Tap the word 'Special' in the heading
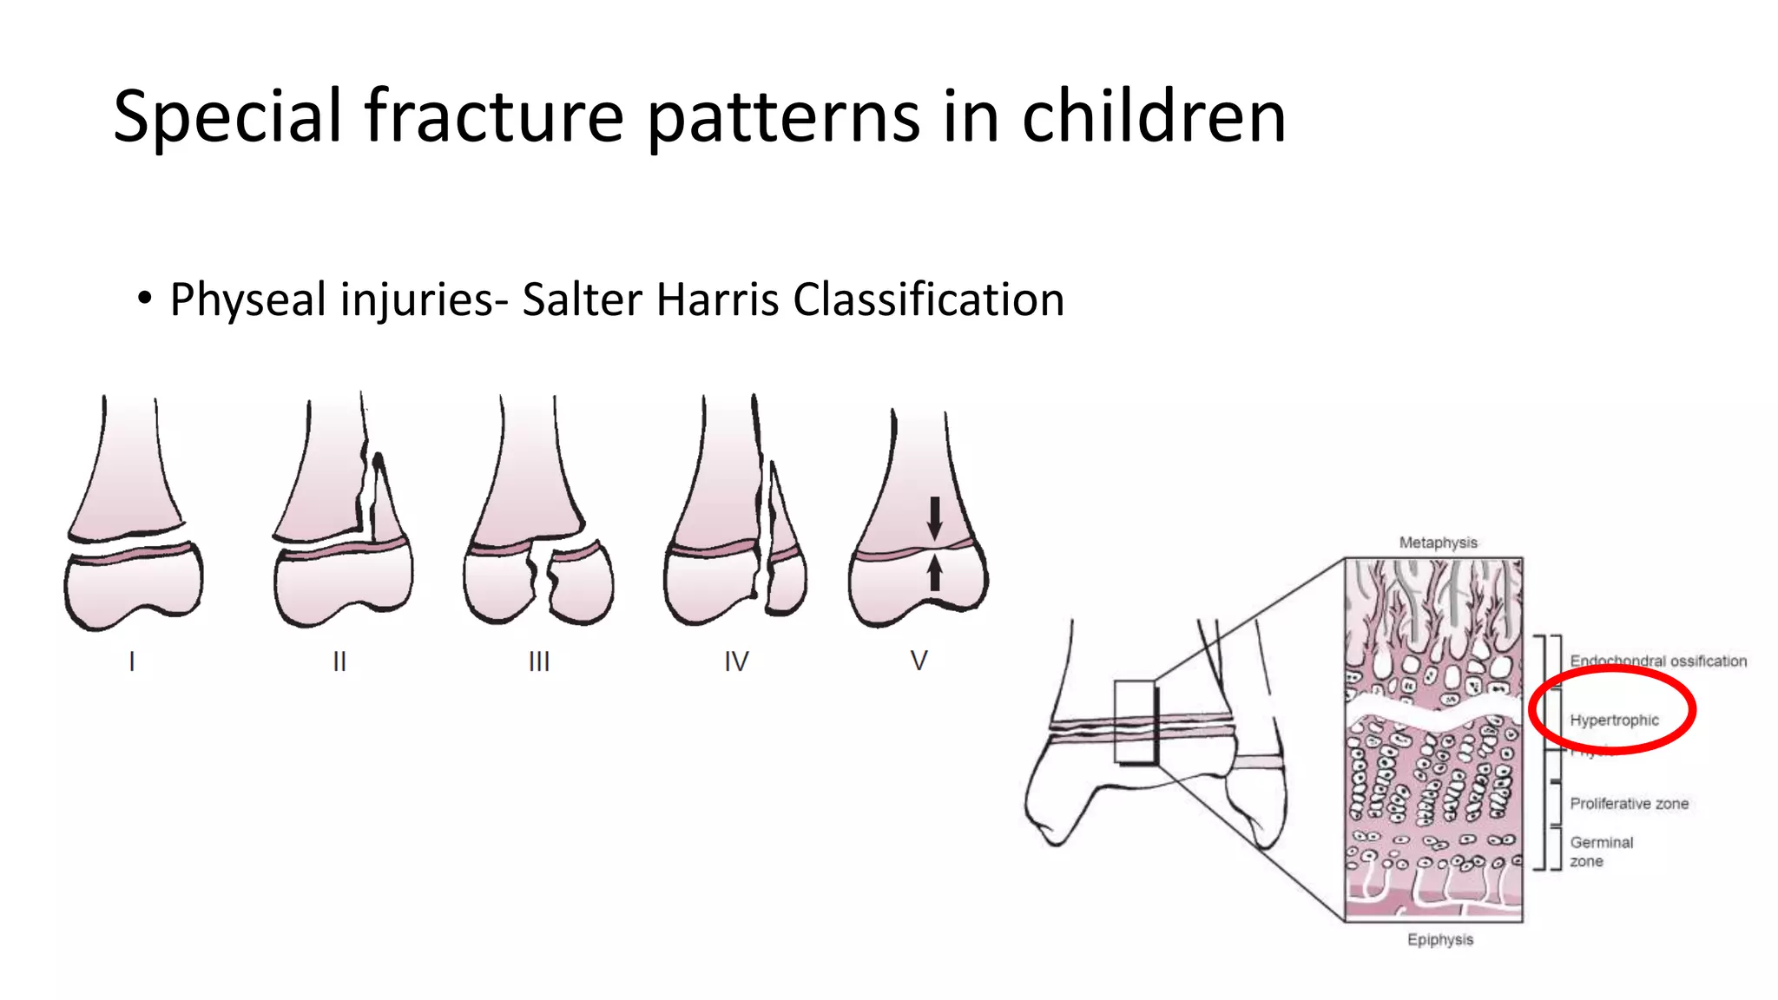click(x=227, y=116)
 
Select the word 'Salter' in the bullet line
click(x=578, y=300)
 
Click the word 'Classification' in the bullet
click(x=928, y=300)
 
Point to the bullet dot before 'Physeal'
click(x=144, y=299)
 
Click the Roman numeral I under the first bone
click(x=132, y=661)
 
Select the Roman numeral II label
click(x=339, y=661)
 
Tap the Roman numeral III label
click(x=539, y=661)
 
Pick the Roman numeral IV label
click(x=736, y=661)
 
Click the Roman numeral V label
click(x=919, y=661)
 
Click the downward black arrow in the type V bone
click(x=934, y=517)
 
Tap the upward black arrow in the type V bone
click(x=934, y=573)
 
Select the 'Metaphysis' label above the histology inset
click(x=1438, y=543)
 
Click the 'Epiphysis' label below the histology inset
click(x=1440, y=939)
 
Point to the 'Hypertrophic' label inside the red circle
click(x=1614, y=720)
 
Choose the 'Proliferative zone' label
click(x=1629, y=804)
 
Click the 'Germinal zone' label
click(x=1601, y=852)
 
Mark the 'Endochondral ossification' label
click(x=1658, y=661)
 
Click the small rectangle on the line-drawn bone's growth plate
click(x=1136, y=722)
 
